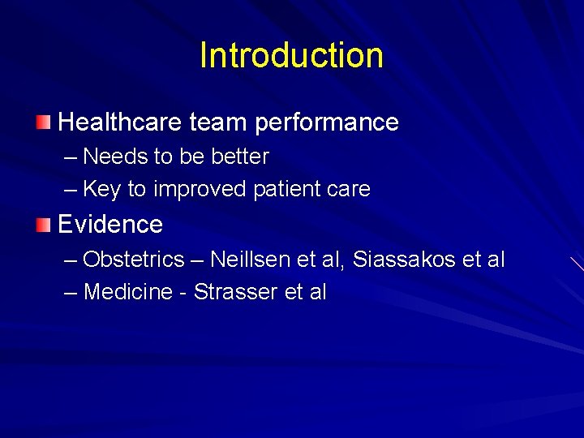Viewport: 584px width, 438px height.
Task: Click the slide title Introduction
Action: [291, 55]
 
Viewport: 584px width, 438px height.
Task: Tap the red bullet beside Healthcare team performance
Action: [43, 122]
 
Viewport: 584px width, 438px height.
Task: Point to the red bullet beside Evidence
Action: [43, 224]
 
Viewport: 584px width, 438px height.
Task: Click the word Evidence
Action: [110, 224]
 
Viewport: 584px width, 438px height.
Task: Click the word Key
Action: [101, 189]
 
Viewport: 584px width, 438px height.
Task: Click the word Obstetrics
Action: [134, 260]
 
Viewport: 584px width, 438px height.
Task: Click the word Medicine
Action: [128, 292]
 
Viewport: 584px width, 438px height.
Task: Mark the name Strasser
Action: [231, 292]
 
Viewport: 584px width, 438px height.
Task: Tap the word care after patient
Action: [346, 189]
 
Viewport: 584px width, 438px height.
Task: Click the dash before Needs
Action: [71, 156]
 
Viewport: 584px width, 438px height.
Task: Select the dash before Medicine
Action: [71, 292]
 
